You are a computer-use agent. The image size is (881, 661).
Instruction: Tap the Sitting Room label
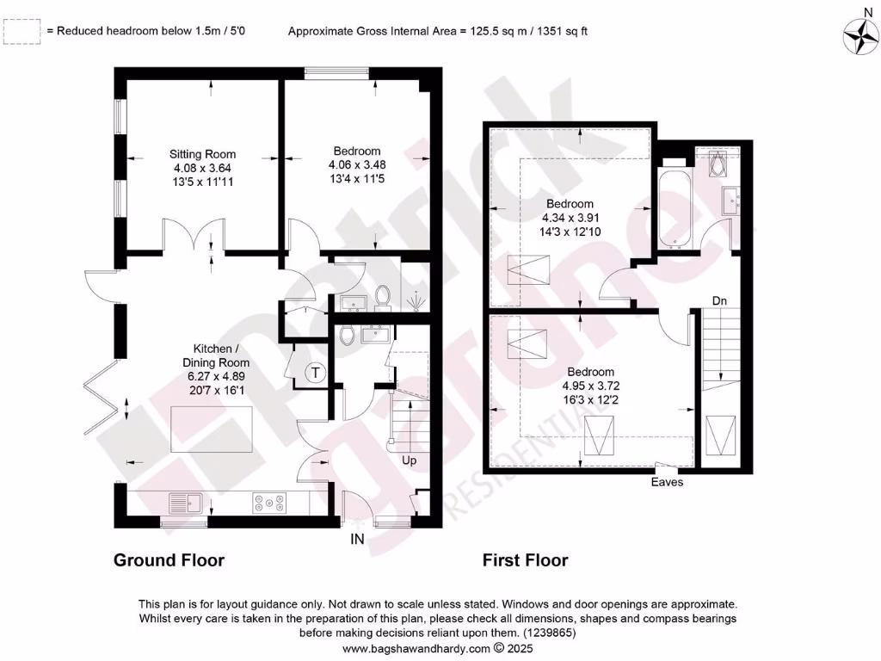coord(202,155)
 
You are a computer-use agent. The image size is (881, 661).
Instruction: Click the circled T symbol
coord(316,373)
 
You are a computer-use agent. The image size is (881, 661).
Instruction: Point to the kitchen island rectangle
coord(211,429)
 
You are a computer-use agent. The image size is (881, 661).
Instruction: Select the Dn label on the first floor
coord(719,300)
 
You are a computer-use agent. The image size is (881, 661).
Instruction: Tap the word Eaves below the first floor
coord(667,482)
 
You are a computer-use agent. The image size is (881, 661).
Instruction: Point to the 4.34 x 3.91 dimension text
coord(570,218)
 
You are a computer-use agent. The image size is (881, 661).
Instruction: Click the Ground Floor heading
coord(169,560)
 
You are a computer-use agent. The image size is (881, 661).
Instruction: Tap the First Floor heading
coord(525,560)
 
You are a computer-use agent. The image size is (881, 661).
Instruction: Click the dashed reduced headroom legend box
coord(22,32)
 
